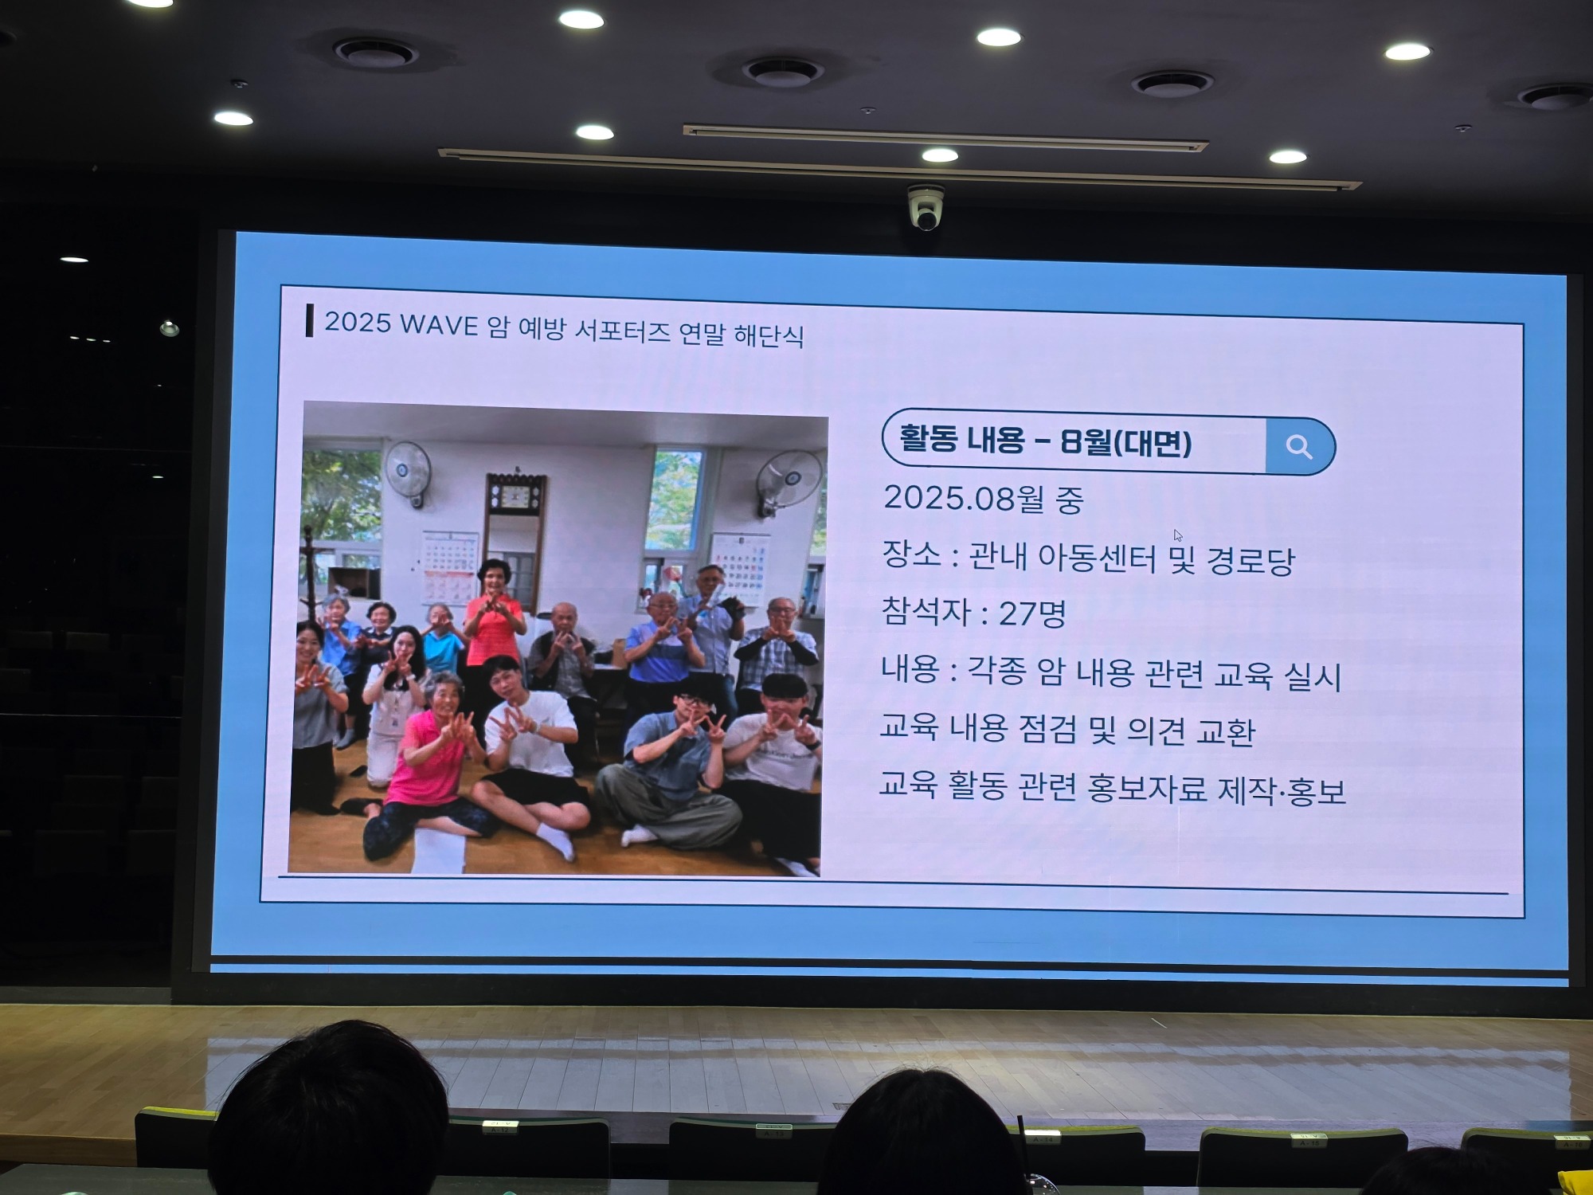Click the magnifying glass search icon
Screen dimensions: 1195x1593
click(1298, 447)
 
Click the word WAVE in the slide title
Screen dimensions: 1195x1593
click(439, 325)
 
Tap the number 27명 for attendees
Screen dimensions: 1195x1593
click(1032, 613)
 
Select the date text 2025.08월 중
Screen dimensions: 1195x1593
click(984, 500)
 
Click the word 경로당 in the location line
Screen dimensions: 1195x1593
click(1251, 561)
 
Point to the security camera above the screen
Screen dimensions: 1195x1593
click(926, 209)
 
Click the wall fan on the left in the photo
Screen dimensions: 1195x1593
click(407, 471)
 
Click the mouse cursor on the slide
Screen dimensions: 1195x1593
click(1178, 535)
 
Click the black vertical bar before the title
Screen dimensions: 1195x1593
click(309, 320)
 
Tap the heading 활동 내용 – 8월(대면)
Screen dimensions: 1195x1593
click(1045, 441)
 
